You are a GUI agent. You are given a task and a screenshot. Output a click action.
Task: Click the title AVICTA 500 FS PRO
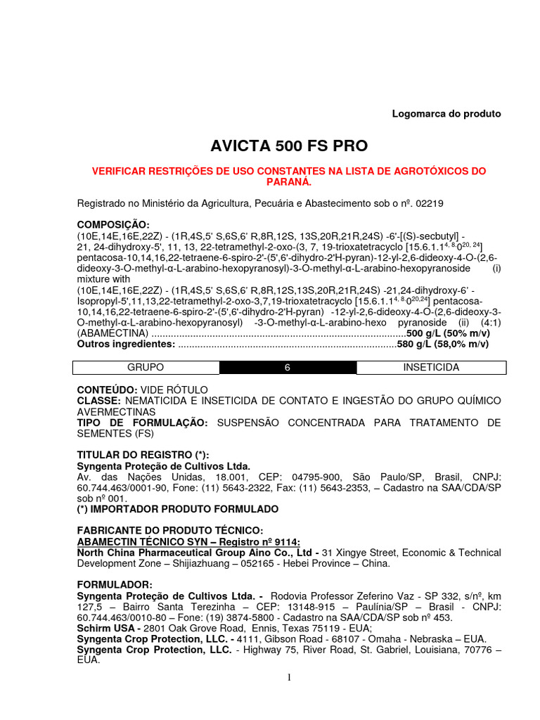(x=289, y=146)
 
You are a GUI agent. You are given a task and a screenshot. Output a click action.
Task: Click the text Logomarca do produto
(x=446, y=113)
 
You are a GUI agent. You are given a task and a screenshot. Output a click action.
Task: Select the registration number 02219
(x=430, y=203)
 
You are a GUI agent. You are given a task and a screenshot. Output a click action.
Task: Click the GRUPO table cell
(x=146, y=368)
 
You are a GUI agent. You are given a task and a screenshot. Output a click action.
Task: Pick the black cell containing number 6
(x=288, y=368)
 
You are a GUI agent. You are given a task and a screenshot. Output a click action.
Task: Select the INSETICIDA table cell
(x=432, y=368)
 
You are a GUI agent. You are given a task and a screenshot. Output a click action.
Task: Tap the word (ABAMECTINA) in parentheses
(x=112, y=333)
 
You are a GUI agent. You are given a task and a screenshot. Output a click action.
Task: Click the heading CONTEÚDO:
(x=108, y=389)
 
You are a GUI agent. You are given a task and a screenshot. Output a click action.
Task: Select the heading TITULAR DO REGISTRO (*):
(x=143, y=455)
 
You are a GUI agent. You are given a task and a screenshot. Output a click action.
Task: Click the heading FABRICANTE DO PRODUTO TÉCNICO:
(x=169, y=529)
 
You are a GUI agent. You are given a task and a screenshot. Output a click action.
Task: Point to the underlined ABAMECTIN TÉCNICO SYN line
(x=188, y=541)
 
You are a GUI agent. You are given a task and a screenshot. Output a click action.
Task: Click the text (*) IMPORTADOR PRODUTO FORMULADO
(x=177, y=508)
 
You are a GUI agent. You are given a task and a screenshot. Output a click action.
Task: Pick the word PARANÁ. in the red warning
(x=289, y=181)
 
